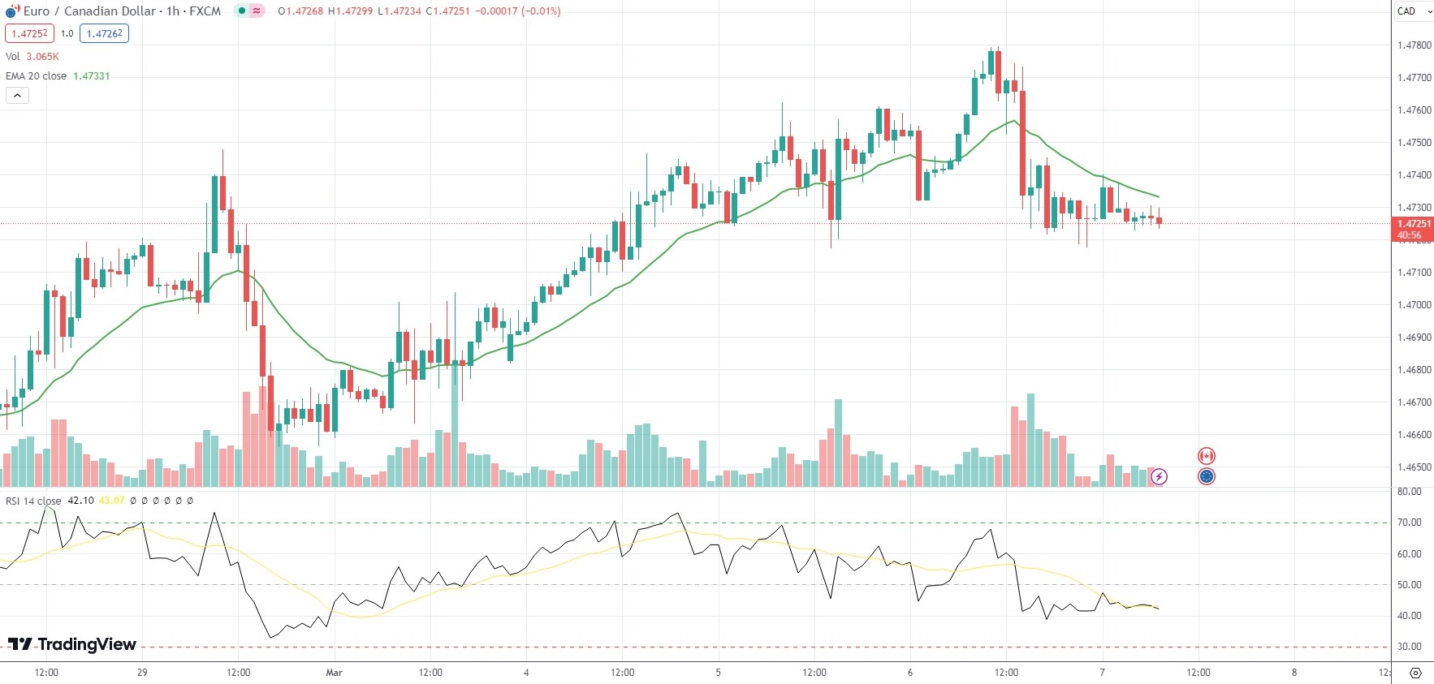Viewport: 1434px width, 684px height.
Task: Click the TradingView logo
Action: click(x=72, y=644)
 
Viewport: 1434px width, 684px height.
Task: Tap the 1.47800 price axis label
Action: click(x=1414, y=45)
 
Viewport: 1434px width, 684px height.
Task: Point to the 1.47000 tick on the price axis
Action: click(x=1414, y=305)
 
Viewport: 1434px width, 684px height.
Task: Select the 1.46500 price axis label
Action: click(x=1414, y=467)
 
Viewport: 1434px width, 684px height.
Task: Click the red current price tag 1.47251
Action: click(x=1413, y=224)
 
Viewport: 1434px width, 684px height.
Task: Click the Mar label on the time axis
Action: click(x=334, y=673)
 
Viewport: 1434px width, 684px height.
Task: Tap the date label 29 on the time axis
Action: click(x=142, y=673)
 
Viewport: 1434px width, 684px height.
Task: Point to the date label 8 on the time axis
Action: click(x=1294, y=673)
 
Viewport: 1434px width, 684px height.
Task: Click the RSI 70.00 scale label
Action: click(x=1409, y=523)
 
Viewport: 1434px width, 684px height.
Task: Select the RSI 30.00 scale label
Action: click(x=1409, y=647)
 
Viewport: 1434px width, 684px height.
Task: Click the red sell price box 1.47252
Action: click(x=30, y=34)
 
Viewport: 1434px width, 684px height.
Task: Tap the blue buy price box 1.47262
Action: click(x=104, y=34)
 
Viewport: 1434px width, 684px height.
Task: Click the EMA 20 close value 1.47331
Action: click(x=92, y=76)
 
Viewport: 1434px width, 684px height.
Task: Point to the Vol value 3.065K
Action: click(x=42, y=57)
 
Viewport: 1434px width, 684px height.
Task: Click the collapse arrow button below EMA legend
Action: click(x=17, y=96)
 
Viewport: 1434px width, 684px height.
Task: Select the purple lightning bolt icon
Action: click(x=1159, y=476)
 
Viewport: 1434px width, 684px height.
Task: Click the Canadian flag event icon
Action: click(x=1207, y=456)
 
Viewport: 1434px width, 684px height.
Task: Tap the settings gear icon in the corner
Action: click(x=1415, y=673)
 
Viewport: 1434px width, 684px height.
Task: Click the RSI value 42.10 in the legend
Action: click(x=80, y=501)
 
